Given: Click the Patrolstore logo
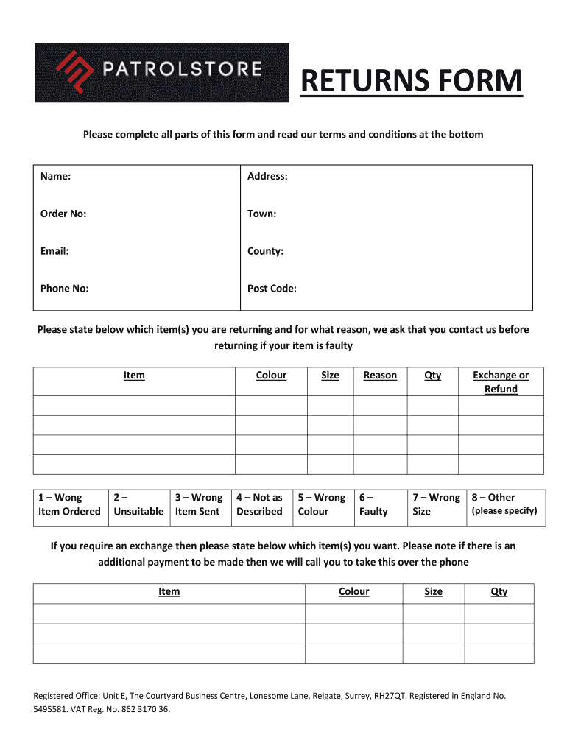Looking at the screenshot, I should (x=161, y=72).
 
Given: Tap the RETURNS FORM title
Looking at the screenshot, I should (x=412, y=81).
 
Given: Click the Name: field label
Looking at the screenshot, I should (x=56, y=176).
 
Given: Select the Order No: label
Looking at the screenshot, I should (x=63, y=214).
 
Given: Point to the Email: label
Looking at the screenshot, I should (x=55, y=251).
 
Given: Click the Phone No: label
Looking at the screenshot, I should (x=65, y=289).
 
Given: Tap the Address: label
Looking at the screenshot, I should (x=267, y=176).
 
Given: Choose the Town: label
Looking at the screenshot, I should (x=262, y=214).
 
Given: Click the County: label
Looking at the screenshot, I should (x=265, y=251).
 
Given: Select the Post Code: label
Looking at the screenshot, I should (x=272, y=289).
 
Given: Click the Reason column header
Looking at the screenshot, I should (x=380, y=376).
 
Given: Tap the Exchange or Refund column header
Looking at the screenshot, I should (x=501, y=382).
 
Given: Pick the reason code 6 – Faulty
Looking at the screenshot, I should (x=373, y=504).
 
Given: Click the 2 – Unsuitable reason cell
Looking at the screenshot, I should (x=138, y=504).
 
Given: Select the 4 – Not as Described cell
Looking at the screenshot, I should (x=259, y=504).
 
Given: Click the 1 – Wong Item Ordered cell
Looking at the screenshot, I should (x=69, y=504).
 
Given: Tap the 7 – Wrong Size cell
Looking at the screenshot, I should (x=436, y=504).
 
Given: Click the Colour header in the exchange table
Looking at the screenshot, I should (x=353, y=592).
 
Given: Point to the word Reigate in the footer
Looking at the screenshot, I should (x=330, y=696).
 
